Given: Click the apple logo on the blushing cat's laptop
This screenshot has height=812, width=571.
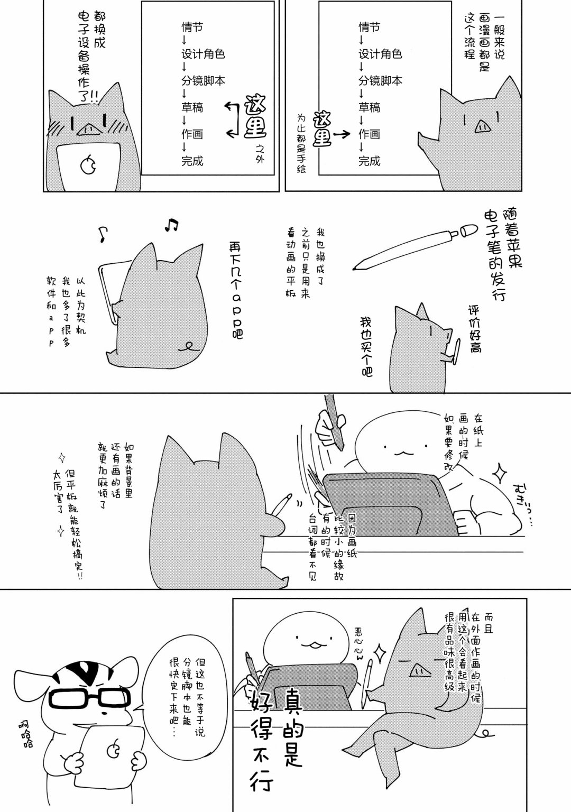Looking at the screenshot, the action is click(88, 165).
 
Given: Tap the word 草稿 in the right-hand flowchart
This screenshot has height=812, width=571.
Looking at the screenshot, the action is click(370, 107).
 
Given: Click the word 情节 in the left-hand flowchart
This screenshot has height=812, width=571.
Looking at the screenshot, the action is click(192, 27).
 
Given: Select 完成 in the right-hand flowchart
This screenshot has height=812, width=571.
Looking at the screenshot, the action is click(370, 161).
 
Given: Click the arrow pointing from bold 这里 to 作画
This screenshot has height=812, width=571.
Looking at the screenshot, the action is click(342, 134).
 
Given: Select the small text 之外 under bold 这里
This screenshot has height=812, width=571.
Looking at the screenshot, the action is click(260, 153).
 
